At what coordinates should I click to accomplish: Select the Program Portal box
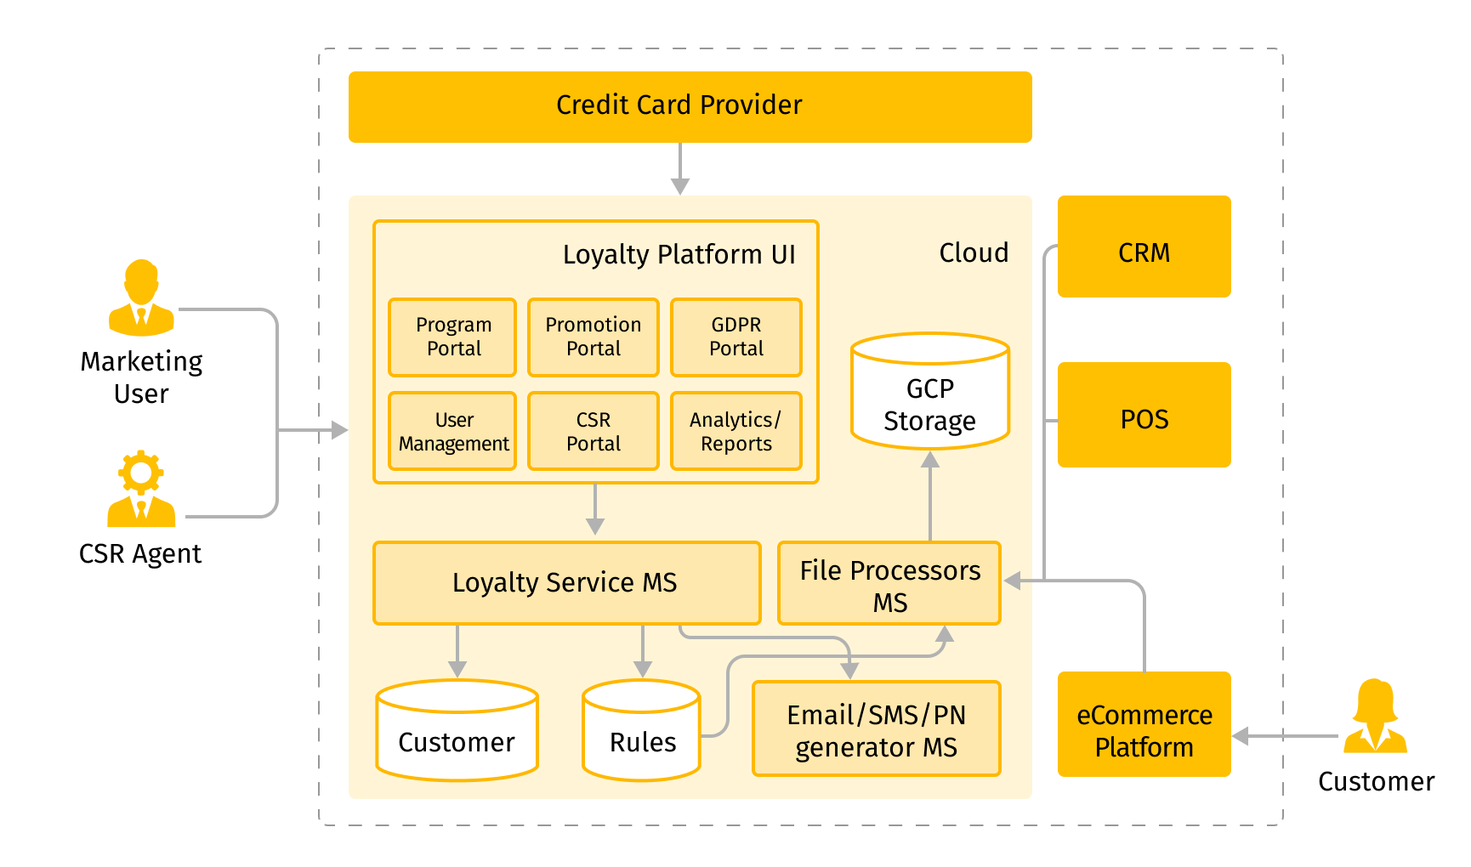tap(452, 337)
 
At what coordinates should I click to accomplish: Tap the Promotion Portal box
tap(593, 337)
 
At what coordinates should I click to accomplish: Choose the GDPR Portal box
tap(735, 337)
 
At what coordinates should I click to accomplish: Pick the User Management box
tap(452, 432)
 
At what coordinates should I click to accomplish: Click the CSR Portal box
tap(593, 432)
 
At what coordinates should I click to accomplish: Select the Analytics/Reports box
tap(735, 432)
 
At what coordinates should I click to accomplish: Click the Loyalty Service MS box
tap(566, 583)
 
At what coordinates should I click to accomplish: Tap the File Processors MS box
tap(889, 584)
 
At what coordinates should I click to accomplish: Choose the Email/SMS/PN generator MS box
tap(876, 729)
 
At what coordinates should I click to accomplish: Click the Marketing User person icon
tap(141, 298)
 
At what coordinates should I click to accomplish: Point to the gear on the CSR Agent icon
tap(141, 473)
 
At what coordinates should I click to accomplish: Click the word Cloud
tap(974, 253)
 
